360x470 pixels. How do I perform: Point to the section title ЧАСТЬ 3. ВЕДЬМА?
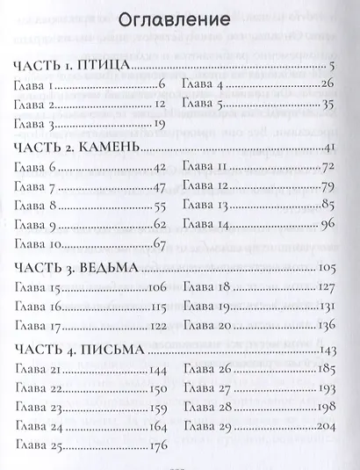(x=77, y=265)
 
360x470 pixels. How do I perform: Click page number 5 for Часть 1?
(x=334, y=68)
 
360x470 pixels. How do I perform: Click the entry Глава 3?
(x=36, y=125)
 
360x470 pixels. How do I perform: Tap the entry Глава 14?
(x=207, y=224)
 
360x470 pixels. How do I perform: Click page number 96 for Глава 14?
(x=330, y=224)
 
